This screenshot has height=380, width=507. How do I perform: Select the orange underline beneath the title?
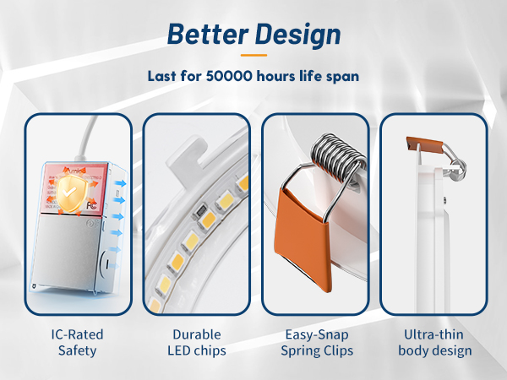253,56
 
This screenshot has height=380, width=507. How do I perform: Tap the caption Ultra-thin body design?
433,343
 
